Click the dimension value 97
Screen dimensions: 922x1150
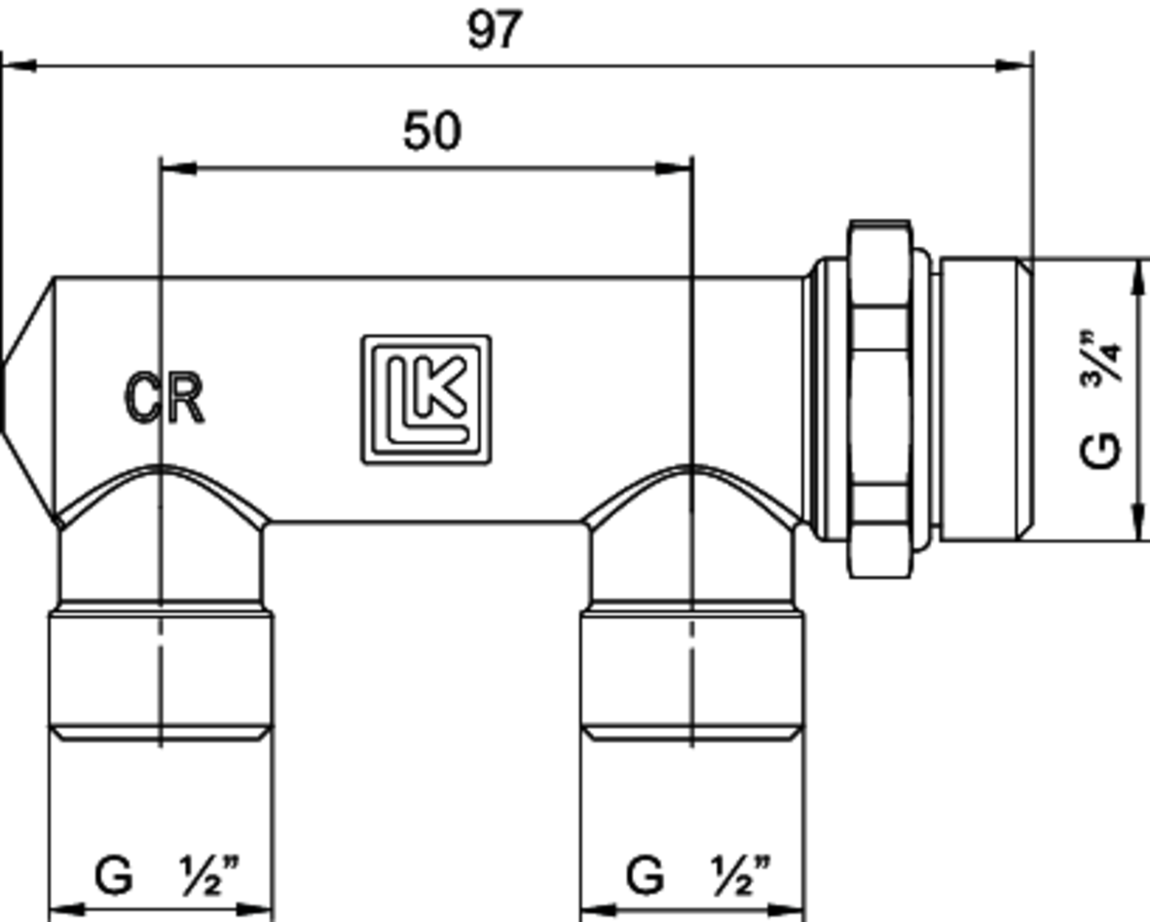495,30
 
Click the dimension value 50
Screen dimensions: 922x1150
431,131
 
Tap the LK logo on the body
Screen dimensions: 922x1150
427,399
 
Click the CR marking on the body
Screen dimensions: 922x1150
165,398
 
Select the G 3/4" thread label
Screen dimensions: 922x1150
1103,398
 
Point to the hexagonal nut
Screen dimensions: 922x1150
879,398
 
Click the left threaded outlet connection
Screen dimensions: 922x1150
161,672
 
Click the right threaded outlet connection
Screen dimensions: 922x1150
692,672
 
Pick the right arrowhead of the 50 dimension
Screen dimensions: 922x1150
674,168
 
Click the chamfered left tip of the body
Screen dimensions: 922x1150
24,398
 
